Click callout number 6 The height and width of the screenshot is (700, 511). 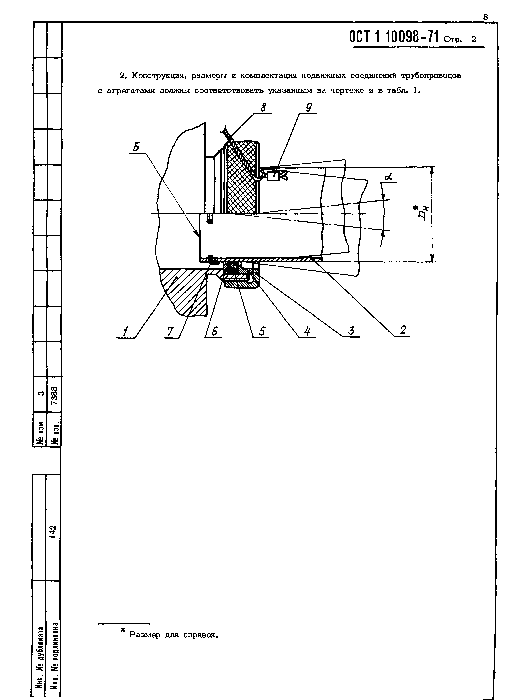tap(214, 332)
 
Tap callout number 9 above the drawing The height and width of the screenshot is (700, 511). tap(308, 107)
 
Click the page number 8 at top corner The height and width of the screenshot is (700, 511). tap(486, 18)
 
